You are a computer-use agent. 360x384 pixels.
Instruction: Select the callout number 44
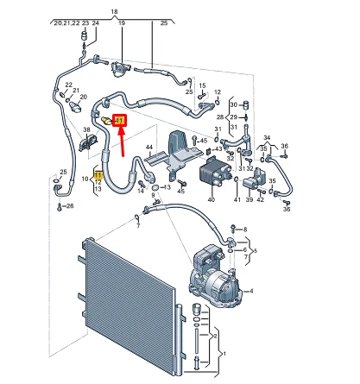[x=148, y=148]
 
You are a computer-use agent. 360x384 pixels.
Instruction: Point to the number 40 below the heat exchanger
[x=211, y=199]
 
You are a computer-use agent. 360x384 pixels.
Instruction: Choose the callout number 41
[x=235, y=199]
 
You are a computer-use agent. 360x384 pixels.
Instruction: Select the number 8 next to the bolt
[x=244, y=230]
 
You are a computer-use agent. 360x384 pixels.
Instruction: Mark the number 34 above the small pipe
[x=266, y=138]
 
